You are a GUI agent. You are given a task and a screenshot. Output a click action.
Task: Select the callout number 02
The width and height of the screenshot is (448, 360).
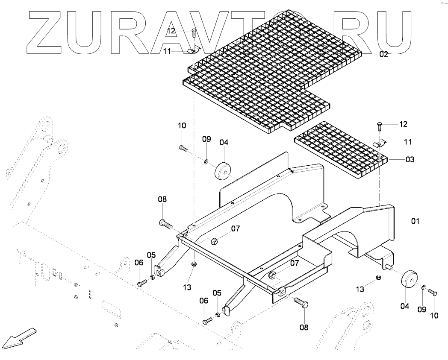click(x=383, y=54)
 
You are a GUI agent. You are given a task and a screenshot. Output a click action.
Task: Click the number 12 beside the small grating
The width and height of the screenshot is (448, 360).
click(x=403, y=124)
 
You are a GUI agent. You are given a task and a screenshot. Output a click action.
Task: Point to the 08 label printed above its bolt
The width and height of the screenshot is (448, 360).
click(x=162, y=199)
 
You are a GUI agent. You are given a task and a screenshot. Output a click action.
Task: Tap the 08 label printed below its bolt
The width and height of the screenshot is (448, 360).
click(x=304, y=327)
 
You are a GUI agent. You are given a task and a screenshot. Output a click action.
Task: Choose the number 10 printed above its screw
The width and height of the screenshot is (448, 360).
click(x=182, y=126)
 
